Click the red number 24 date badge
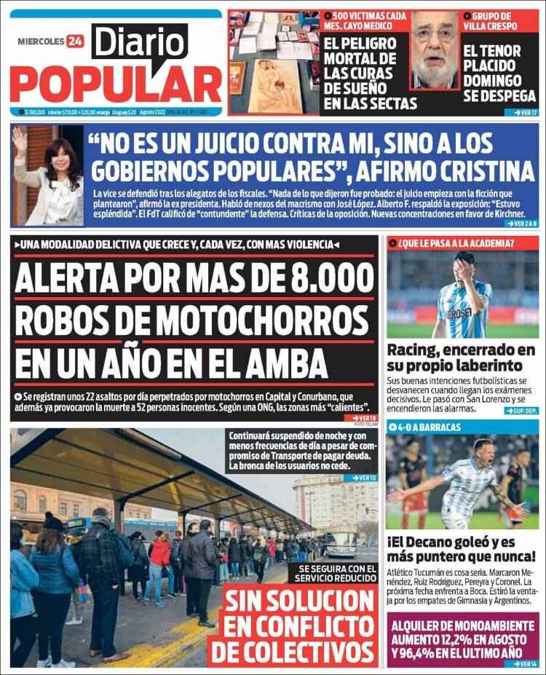(x=75, y=42)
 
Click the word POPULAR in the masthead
(x=116, y=84)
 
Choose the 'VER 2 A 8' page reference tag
(x=521, y=224)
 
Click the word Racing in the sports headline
(x=412, y=350)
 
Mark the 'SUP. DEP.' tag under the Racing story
(x=521, y=411)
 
